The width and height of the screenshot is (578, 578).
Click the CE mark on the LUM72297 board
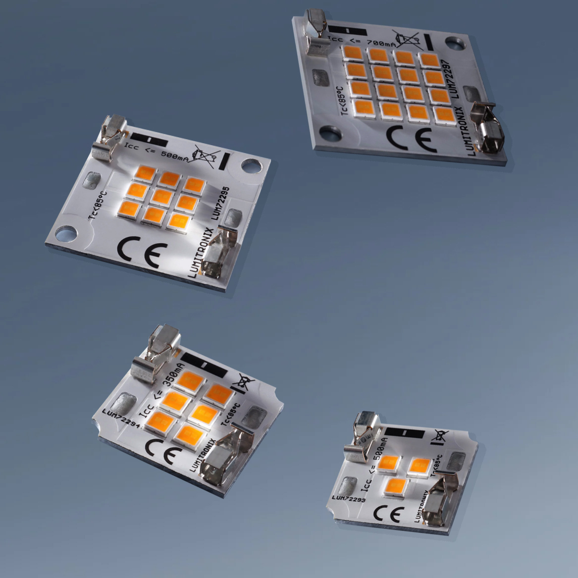pos(411,138)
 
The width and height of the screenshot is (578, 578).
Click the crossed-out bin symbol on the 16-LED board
pos(406,39)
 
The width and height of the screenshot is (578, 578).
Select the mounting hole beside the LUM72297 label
pos(455,44)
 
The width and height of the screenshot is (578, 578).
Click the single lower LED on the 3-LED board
pos(398,486)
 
